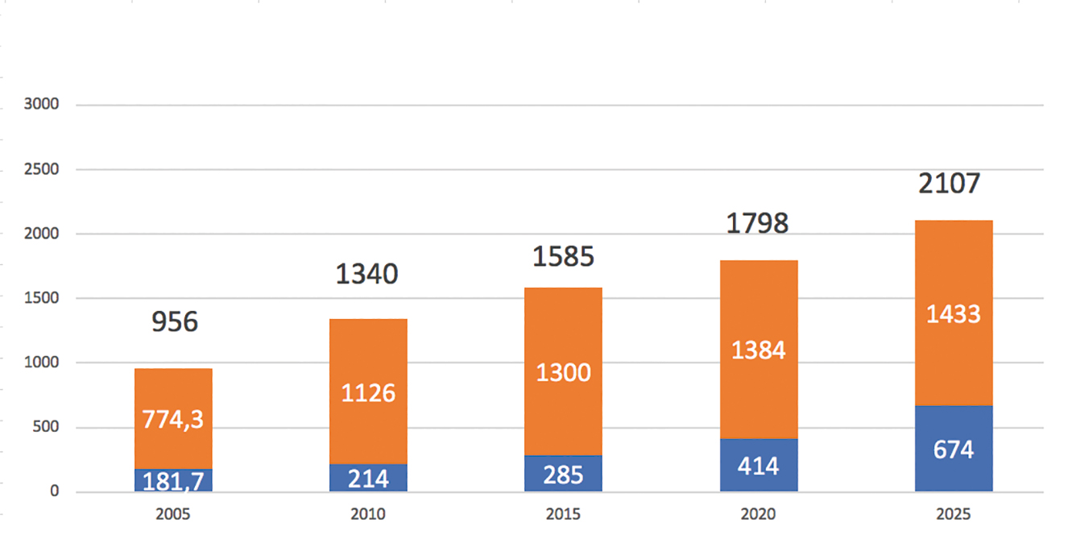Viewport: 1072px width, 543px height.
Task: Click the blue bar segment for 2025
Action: pos(954,449)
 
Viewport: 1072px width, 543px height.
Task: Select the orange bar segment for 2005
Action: pos(173,418)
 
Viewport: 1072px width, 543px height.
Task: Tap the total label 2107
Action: pos(949,184)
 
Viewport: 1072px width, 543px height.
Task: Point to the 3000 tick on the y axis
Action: pos(41,104)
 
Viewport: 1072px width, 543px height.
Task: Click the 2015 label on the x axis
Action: pos(563,514)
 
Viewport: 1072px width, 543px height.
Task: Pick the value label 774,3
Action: pos(173,420)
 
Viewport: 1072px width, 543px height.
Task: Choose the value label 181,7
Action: pos(173,481)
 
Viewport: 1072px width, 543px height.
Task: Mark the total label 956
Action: pos(175,321)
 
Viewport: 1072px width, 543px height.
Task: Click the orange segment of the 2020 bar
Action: pos(759,350)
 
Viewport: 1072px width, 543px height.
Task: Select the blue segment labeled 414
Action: pos(759,465)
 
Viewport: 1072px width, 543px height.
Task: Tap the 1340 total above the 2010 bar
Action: pos(366,274)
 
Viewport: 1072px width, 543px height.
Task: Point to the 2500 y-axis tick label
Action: pos(41,169)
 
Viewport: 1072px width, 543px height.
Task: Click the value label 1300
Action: pos(563,372)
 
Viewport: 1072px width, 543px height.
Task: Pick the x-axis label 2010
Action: pos(367,514)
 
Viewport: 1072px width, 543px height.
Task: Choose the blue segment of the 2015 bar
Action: pos(563,474)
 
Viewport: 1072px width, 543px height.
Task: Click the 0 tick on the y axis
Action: pos(54,491)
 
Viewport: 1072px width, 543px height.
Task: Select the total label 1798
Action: pos(757,224)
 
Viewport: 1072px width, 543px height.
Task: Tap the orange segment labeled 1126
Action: pos(369,392)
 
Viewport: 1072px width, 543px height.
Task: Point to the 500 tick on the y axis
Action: pos(45,426)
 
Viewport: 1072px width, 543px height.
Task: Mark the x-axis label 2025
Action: pos(954,514)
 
